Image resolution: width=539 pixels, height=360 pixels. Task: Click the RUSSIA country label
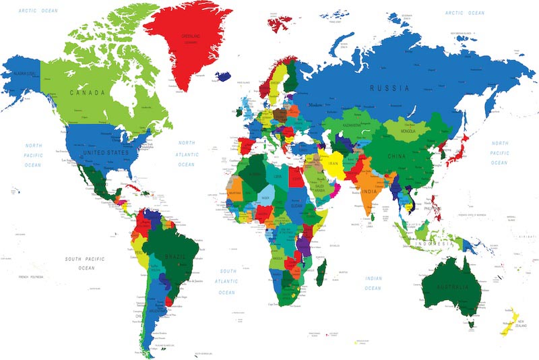point(390,88)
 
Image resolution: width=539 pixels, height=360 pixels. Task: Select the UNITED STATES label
point(104,153)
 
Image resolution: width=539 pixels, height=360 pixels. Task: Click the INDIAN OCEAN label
point(373,283)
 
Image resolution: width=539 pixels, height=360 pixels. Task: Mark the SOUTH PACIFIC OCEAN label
point(86,263)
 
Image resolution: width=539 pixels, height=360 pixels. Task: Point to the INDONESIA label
point(431,243)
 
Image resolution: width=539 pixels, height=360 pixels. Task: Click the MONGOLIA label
point(409,130)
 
